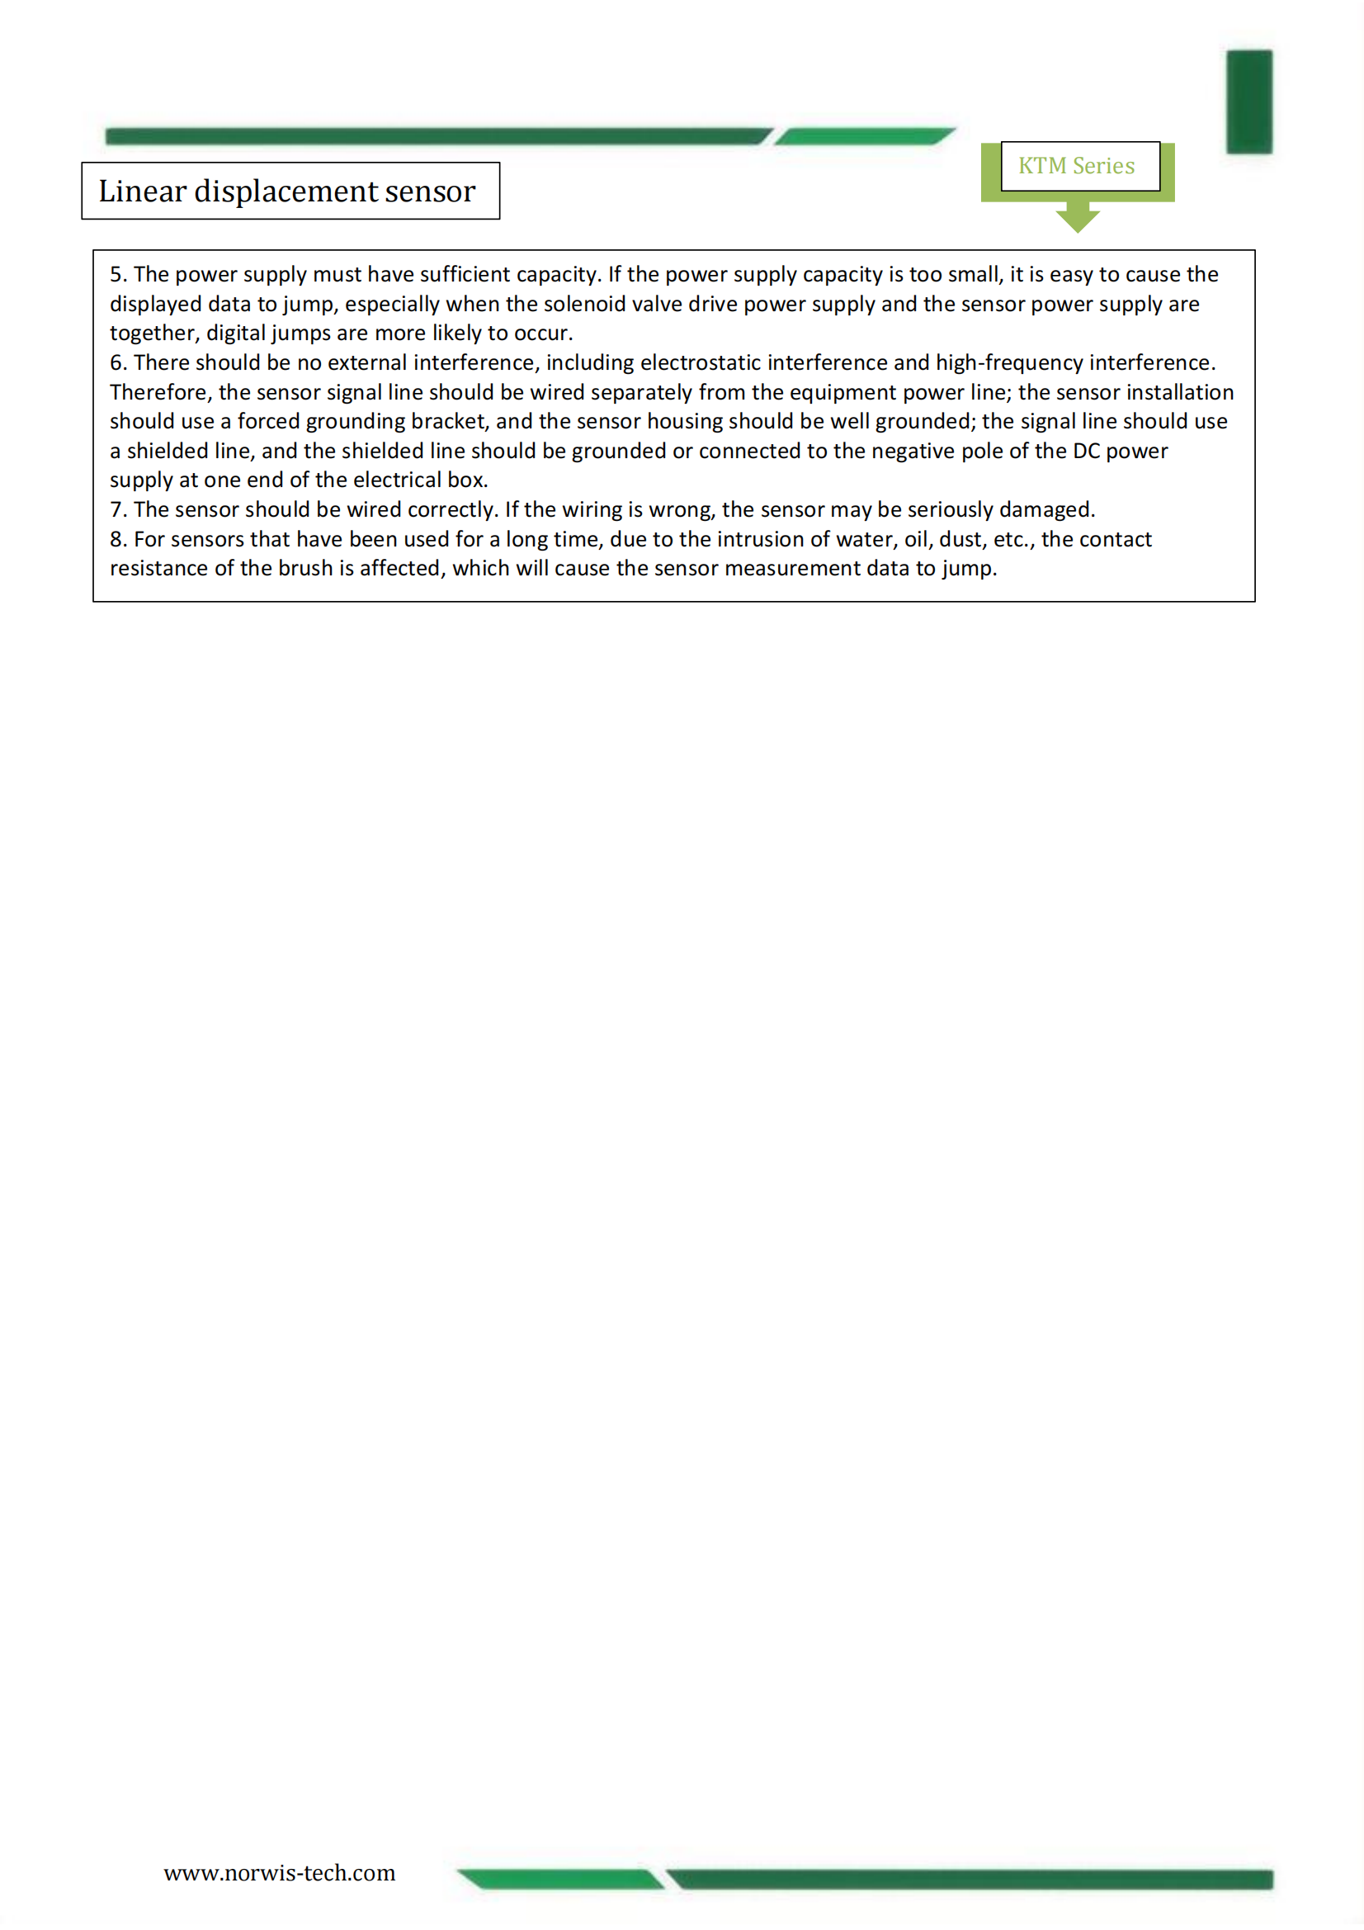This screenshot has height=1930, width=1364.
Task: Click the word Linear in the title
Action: click(142, 192)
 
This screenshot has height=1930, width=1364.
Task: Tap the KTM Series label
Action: click(1076, 166)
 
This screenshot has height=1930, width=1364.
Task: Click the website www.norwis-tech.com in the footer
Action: click(279, 1872)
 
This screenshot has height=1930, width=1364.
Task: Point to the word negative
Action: click(913, 451)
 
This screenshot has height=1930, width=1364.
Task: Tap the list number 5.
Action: click(118, 274)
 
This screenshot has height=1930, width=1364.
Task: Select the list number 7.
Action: click(118, 509)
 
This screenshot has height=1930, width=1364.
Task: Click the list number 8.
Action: click(118, 539)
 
